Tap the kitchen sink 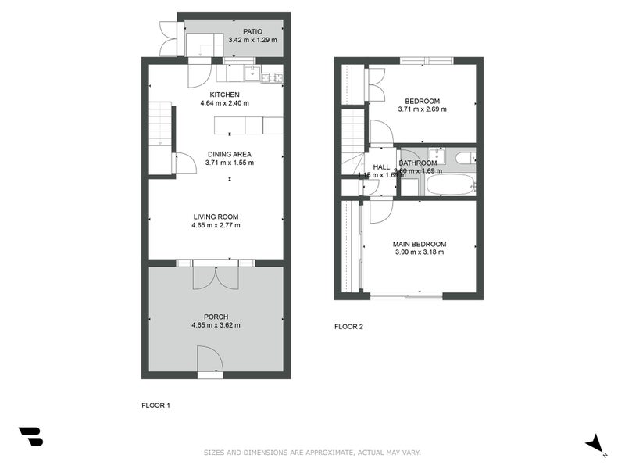(x=252, y=75)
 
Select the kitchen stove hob (x=272, y=77)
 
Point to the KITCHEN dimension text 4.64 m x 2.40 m (x=213, y=103)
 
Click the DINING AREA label (x=229, y=154)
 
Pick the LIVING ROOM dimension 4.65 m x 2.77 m (x=216, y=226)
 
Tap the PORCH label (x=216, y=317)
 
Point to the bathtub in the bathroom (x=448, y=186)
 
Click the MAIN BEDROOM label (x=420, y=244)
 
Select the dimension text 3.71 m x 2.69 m (x=423, y=109)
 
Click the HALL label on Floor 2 (x=381, y=167)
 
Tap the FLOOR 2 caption (x=348, y=327)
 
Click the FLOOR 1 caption (x=155, y=406)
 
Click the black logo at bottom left (x=30, y=436)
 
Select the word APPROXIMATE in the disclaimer (x=323, y=452)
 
